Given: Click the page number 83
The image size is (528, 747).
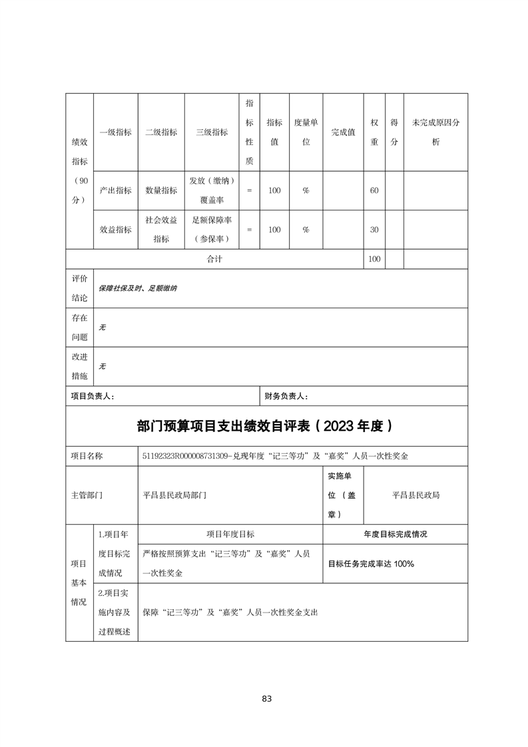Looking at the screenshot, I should click(266, 698).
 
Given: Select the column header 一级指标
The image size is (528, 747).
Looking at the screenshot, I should click(115, 132).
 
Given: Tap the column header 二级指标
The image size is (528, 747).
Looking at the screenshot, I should click(161, 132).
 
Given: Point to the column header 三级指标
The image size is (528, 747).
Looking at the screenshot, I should click(212, 132).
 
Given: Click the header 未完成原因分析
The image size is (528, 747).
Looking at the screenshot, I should click(435, 132).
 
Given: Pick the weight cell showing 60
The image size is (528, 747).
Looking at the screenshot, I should click(374, 190).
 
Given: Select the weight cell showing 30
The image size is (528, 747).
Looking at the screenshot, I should click(374, 230).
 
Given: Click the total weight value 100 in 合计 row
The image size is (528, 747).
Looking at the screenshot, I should click(374, 259).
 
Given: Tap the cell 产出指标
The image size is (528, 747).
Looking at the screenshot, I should click(115, 190).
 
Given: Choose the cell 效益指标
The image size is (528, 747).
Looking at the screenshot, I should click(115, 230).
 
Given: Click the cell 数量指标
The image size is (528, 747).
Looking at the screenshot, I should click(161, 190).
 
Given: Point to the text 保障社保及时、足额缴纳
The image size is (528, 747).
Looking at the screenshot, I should click(138, 288).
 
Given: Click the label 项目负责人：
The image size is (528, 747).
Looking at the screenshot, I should click(93, 396).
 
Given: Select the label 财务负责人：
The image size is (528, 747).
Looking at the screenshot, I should click(286, 396).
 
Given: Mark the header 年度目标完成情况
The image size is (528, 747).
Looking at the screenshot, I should click(395, 534).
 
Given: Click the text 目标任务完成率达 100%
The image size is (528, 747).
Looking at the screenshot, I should click(371, 564).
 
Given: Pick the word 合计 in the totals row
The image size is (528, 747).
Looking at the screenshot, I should click(214, 259).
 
